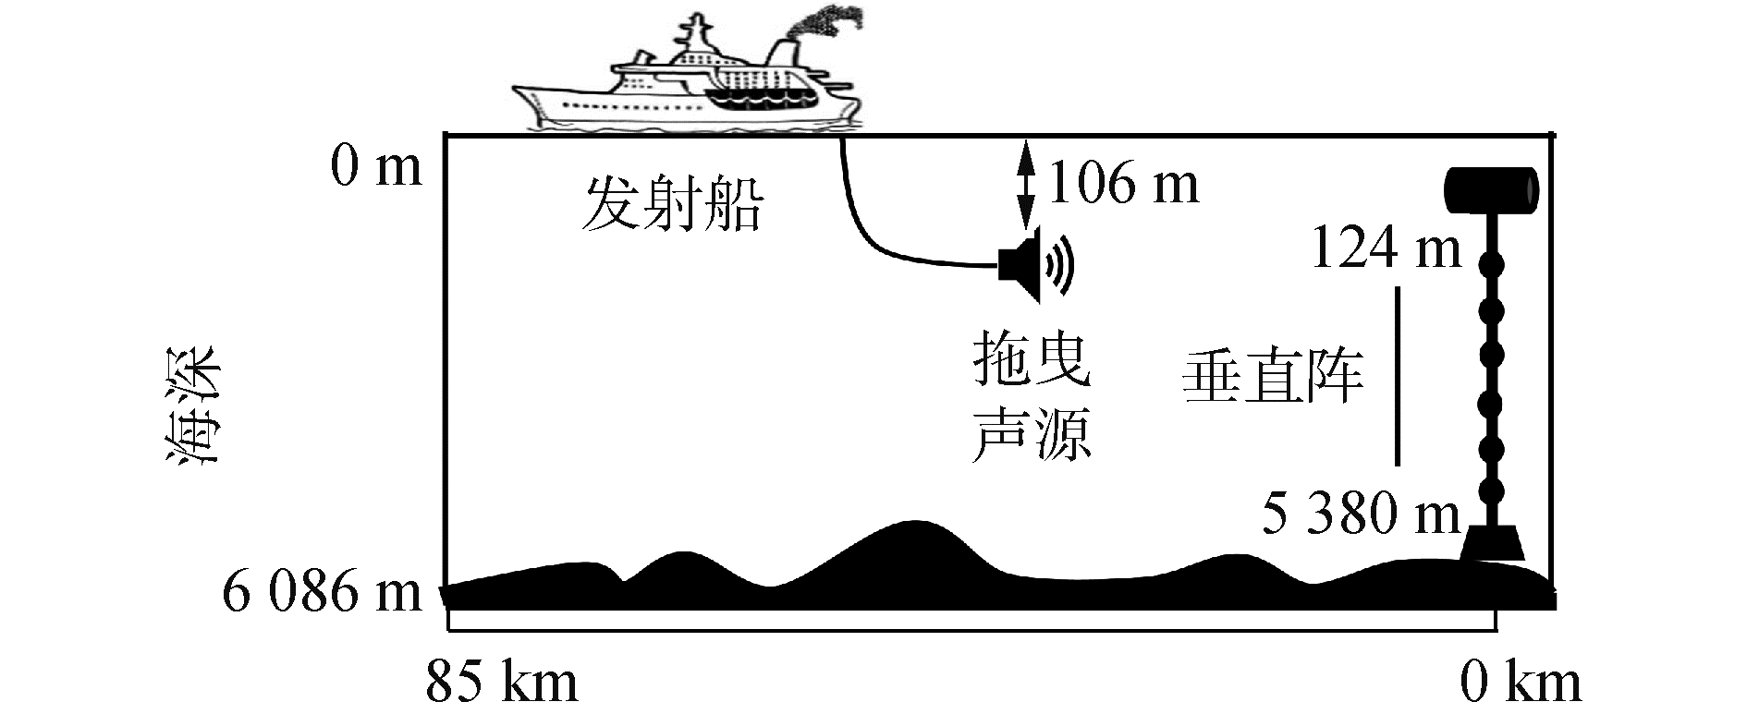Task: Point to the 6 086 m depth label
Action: pyautogui.click(x=321, y=592)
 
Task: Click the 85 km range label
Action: pyautogui.click(x=501, y=683)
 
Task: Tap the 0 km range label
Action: pyautogui.click(x=1520, y=683)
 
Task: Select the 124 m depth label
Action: pyautogui.click(x=1387, y=248)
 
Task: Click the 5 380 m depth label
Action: pyautogui.click(x=1361, y=514)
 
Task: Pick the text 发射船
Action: pyautogui.click(x=672, y=204)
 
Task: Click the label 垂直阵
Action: pyautogui.click(x=1273, y=377)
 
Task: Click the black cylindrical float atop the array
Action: pyautogui.click(x=1491, y=188)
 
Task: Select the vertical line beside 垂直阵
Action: pyautogui.click(x=1398, y=376)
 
